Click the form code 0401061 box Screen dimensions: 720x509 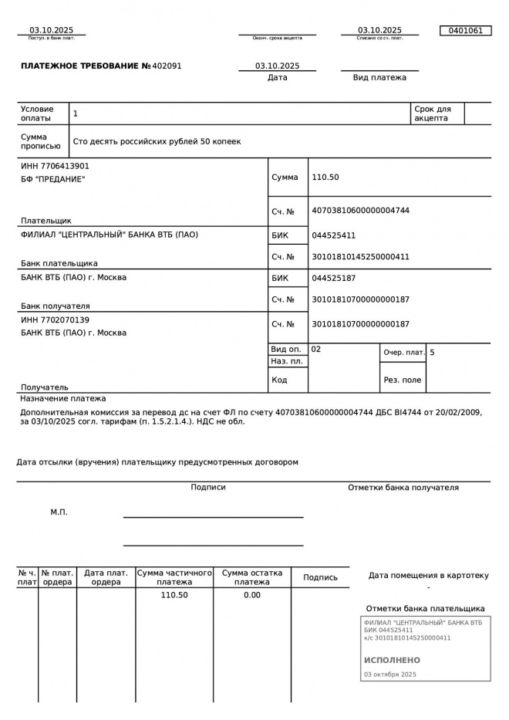(x=465, y=31)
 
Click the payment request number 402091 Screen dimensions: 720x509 (x=167, y=66)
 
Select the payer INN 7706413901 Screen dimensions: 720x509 (x=55, y=166)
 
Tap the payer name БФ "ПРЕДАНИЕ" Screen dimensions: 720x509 (x=53, y=179)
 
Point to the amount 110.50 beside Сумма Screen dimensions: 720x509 (x=325, y=177)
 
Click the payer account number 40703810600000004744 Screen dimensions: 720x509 (x=360, y=211)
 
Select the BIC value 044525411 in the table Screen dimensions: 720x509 (x=333, y=235)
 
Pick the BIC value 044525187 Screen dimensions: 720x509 (x=333, y=278)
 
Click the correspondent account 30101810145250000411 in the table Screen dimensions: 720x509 (x=360, y=257)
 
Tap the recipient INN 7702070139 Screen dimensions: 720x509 (x=55, y=319)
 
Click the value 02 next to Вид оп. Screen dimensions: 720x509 (x=316, y=350)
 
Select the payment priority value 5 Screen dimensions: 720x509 (x=432, y=353)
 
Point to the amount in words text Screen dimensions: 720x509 (x=157, y=142)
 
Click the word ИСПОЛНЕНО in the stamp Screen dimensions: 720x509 (x=392, y=661)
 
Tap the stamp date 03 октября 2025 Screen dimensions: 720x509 (x=389, y=674)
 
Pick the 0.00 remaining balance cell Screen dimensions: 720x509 (x=252, y=595)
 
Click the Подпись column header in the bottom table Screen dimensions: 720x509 (x=320, y=577)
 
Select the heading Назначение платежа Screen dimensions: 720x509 (x=62, y=399)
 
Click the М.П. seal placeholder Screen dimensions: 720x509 (x=59, y=512)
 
